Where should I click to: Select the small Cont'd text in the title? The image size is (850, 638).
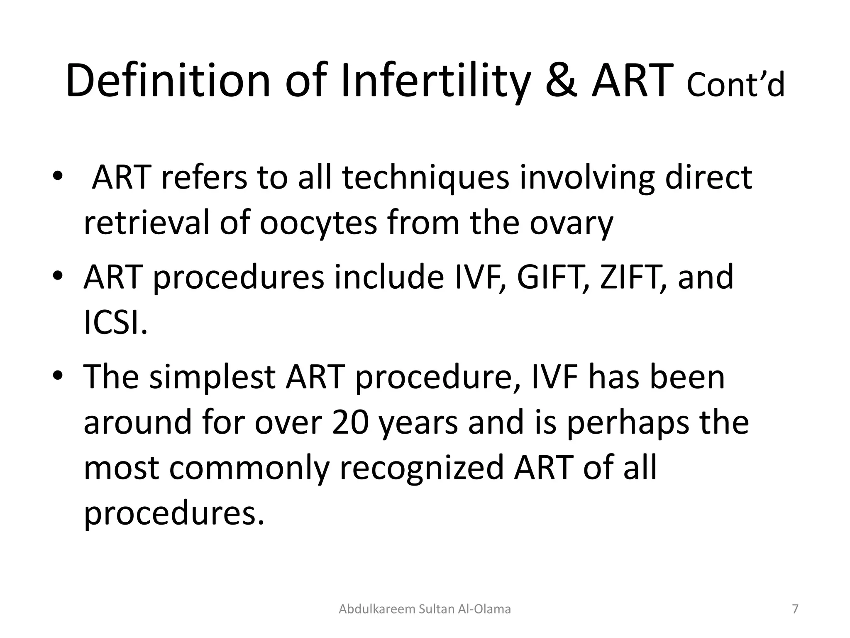[x=735, y=86]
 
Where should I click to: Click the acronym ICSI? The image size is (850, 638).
[x=115, y=322]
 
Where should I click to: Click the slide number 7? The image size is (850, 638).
[x=795, y=609]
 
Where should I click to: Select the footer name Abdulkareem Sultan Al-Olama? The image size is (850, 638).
[x=425, y=609]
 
